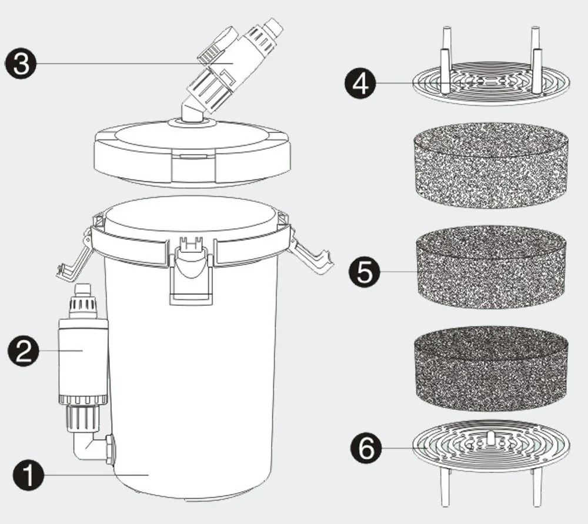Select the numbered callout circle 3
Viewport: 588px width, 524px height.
pos(21,64)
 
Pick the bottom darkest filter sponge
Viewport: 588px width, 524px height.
pos(491,368)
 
